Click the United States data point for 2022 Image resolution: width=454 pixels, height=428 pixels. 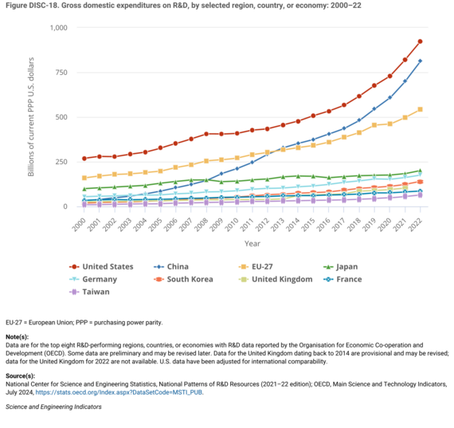tap(420, 41)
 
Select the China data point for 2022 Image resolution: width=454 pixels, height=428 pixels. tap(420, 61)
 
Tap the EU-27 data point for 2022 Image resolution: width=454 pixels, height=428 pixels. tap(420, 109)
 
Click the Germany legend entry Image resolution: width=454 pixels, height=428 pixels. tap(99, 279)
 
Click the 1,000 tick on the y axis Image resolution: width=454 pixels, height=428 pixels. tap(59, 28)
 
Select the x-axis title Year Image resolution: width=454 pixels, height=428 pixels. tap(252, 243)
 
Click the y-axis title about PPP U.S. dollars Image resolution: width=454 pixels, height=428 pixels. tap(32, 116)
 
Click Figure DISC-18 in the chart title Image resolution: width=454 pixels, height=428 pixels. tap(33, 6)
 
